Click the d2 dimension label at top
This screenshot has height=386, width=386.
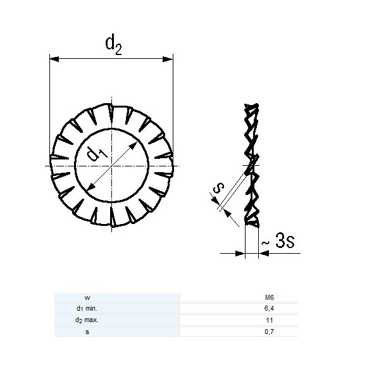point(113,44)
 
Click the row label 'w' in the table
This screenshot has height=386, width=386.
point(87,297)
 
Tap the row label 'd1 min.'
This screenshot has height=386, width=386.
point(87,308)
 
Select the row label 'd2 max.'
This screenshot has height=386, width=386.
point(87,320)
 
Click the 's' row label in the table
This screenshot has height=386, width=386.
point(87,331)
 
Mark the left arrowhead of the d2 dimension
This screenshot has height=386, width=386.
point(54,59)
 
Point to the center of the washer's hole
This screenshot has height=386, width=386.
point(111,166)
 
